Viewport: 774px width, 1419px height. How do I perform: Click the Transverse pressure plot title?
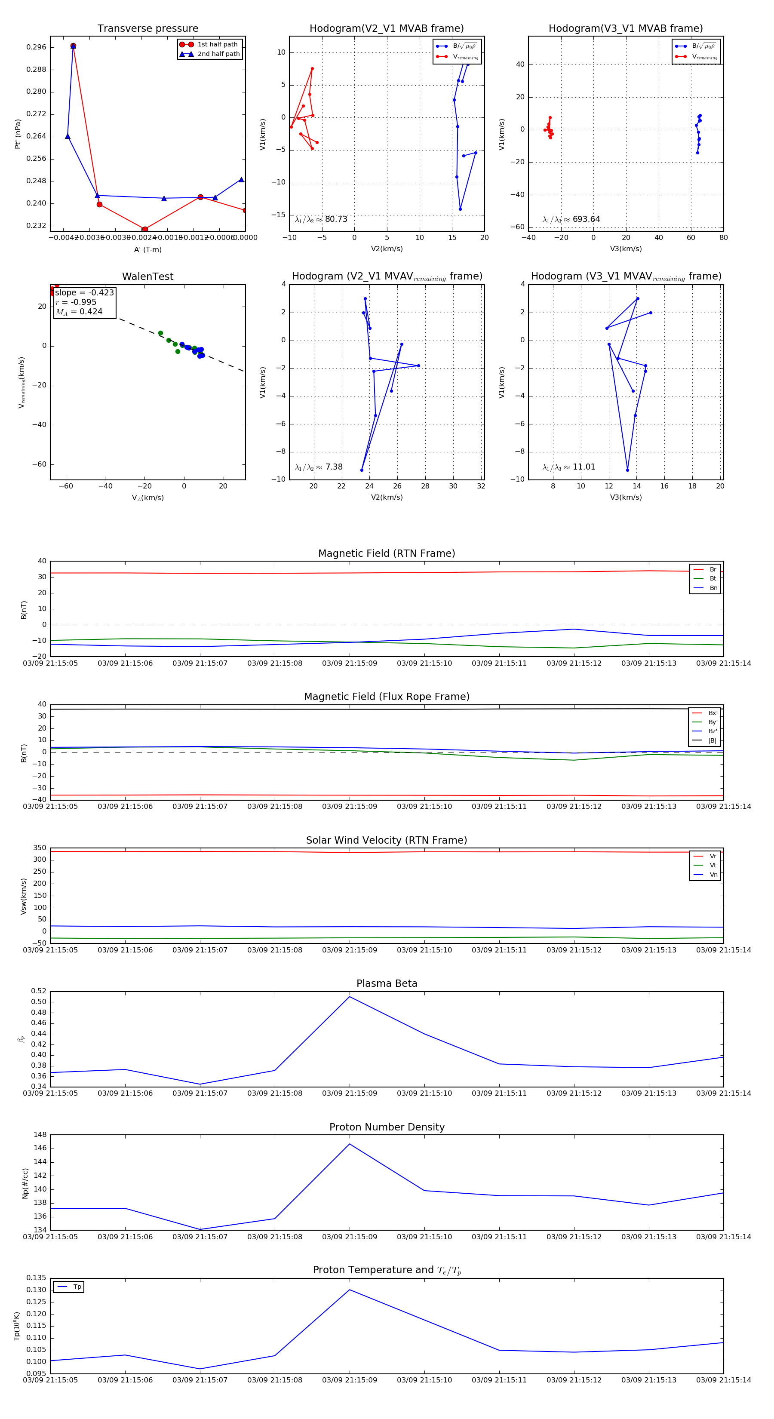pos(147,29)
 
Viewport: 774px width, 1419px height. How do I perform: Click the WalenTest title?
pos(147,276)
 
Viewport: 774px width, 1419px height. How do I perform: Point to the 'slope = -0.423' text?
pos(84,292)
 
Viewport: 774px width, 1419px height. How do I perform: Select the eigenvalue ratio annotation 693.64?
pos(571,219)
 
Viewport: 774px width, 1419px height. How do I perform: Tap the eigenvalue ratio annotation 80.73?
pos(321,219)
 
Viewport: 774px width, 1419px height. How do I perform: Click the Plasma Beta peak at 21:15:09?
pos(349,996)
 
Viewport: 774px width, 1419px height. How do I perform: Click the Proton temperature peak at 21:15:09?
pos(349,1290)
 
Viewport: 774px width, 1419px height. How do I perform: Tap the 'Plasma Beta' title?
pos(387,983)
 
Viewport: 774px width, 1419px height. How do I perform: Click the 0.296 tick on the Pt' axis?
pos(37,47)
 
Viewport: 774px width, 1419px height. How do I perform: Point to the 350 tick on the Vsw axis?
pos(40,848)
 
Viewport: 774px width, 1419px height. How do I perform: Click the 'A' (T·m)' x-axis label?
pos(147,249)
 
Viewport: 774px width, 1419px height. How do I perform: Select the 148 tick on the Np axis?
pos(40,1135)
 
